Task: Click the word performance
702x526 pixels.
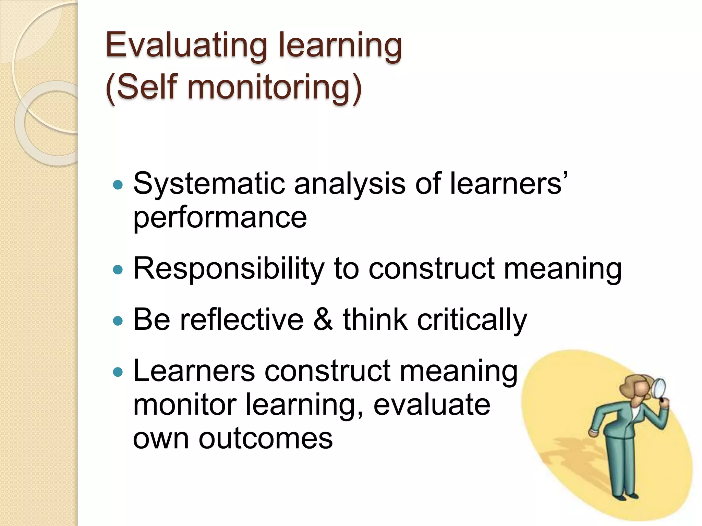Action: pyautogui.click(x=220, y=218)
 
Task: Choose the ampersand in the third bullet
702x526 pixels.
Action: pyautogui.click(x=323, y=320)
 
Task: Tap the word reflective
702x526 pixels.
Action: pyautogui.click(x=242, y=320)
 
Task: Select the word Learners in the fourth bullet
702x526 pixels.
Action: pyautogui.click(x=194, y=371)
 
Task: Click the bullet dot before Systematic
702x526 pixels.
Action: pyautogui.click(x=118, y=185)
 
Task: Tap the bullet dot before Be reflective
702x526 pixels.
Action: pyautogui.click(x=118, y=321)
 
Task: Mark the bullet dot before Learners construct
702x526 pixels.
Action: pyautogui.click(x=118, y=372)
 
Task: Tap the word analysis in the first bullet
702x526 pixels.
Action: pyautogui.click(x=350, y=184)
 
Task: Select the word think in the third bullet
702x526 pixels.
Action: pyautogui.click(x=375, y=320)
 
